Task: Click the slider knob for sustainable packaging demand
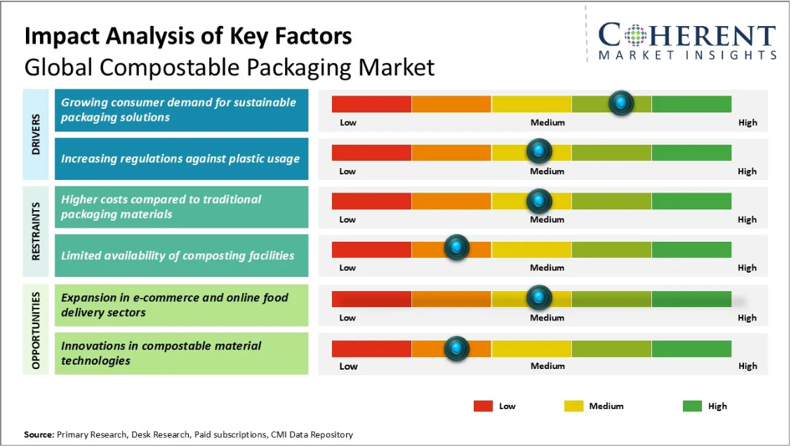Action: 620,103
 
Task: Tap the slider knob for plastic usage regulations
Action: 539,151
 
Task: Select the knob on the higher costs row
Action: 539,201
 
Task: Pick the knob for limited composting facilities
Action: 457,247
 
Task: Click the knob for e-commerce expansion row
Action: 539,297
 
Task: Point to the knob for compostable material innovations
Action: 457,347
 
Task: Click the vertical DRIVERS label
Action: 36,134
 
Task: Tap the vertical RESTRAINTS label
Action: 36,231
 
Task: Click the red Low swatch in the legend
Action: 484,406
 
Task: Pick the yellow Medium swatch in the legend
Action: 573,406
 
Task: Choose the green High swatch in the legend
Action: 692,406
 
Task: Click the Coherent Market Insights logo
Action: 687,41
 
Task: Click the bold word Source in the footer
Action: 39,434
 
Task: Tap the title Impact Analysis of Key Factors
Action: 188,36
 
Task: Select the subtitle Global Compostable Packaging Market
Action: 230,67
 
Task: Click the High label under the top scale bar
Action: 747,122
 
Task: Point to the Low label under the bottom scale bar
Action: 348,366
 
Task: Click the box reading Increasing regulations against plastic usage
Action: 181,159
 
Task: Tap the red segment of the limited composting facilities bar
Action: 371,250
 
